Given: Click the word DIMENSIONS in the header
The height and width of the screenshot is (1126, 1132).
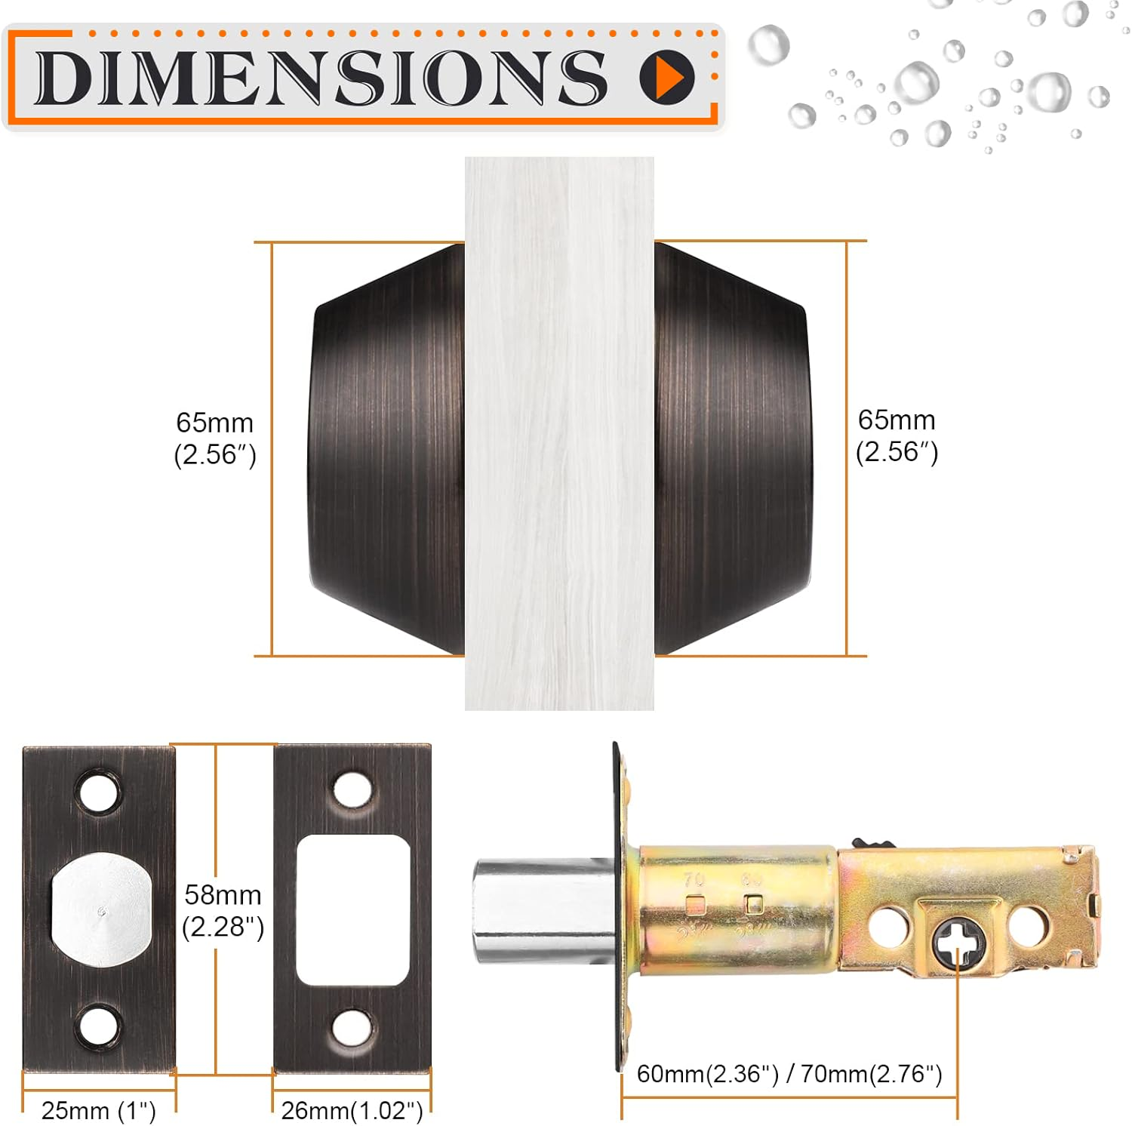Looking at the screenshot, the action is tap(321, 77).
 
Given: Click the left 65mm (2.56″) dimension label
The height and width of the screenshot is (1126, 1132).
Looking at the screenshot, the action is tap(215, 438).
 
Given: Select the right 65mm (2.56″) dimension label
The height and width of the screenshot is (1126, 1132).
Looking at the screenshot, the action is tap(897, 435).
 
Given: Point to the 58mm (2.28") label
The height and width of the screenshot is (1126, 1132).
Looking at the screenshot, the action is tap(223, 910).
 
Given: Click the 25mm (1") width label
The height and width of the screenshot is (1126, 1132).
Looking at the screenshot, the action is tap(98, 1110).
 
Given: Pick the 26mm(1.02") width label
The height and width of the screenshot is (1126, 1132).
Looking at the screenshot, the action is tap(352, 1110).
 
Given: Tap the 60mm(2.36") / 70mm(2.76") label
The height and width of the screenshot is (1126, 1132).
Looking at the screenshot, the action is tap(789, 1073).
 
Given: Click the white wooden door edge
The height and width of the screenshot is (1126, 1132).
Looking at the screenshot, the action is tap(559, 433).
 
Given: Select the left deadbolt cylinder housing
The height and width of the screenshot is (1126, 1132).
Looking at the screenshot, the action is tap(386, 449).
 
